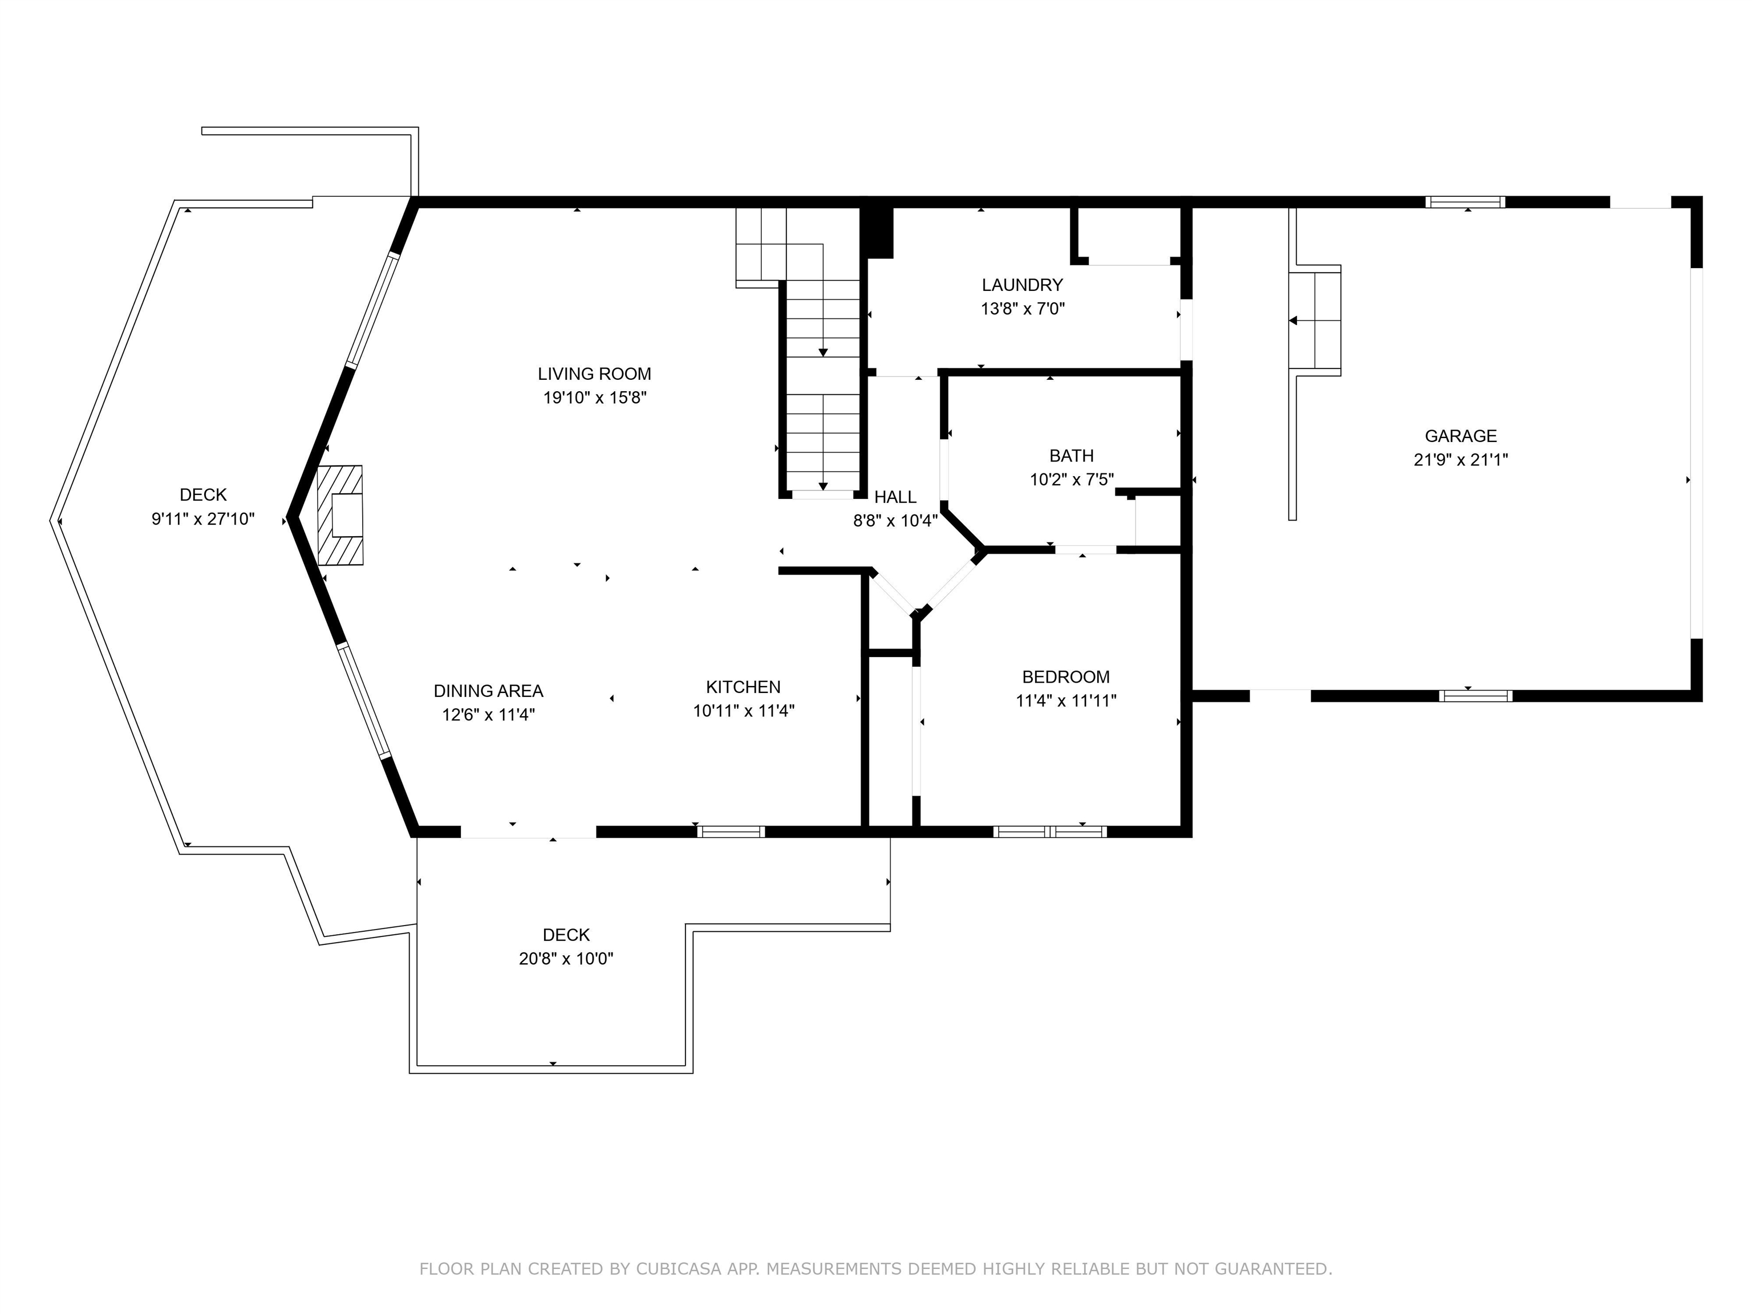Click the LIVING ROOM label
pos(594,374)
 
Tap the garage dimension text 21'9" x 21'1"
pos(1461,459)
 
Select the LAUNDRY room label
pos(1022,285)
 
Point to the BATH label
pos(1071,456)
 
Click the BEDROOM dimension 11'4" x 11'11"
pos(1066,700)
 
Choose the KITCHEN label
pos(743,687)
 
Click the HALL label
pos(895,497)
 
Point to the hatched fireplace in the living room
pos(340,515)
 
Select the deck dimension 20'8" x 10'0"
pos(566,958)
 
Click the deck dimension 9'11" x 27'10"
pos(203,519)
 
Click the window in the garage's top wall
pos(1465,202)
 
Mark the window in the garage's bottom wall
pos(1475,696)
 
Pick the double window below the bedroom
pos(1051,832)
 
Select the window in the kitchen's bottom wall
pos(731,832)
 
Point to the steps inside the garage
pos(1315,320)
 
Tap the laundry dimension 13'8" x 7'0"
pos(1023,309)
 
